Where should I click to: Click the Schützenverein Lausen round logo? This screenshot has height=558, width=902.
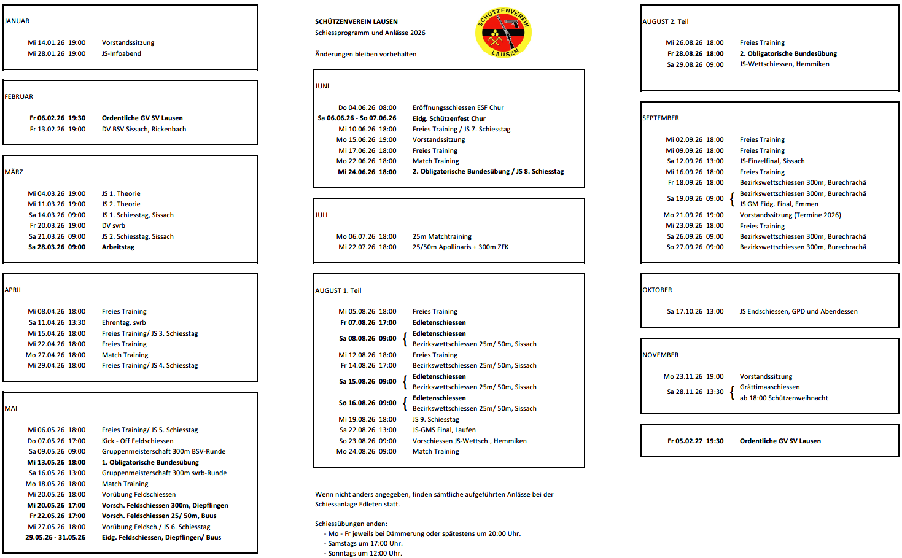(503, 33)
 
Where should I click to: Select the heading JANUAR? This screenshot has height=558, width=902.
(17, 21)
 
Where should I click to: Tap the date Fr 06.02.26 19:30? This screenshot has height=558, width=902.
(57, 118)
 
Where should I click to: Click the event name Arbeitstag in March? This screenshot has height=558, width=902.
(118, 247)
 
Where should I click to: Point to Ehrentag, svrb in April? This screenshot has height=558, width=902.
(123, 322)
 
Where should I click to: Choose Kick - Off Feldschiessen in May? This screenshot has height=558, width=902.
(138, 441)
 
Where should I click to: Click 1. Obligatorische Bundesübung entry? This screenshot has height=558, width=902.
(150, 462)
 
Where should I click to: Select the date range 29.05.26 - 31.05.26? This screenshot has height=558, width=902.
(55, 537)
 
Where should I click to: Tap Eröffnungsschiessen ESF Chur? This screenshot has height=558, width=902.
(458, 107)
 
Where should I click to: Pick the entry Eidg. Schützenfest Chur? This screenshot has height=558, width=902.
(449, 118)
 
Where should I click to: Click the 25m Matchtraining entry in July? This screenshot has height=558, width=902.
(442, 236)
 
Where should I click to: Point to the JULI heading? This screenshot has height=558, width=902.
(321, 215)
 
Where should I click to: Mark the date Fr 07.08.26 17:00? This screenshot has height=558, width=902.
(368, 322)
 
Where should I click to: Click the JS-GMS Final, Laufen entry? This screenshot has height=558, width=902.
(444, 430)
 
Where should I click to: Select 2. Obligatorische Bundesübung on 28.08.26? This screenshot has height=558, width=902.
(788, 53)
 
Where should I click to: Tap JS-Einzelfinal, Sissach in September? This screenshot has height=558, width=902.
(772, 161)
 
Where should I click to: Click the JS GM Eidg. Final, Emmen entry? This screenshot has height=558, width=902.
(779, 204)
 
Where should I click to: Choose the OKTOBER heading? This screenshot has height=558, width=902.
(657, 290)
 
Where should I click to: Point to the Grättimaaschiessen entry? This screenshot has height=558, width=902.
(769, 387)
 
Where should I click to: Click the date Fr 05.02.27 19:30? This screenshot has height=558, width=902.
(695, 441)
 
